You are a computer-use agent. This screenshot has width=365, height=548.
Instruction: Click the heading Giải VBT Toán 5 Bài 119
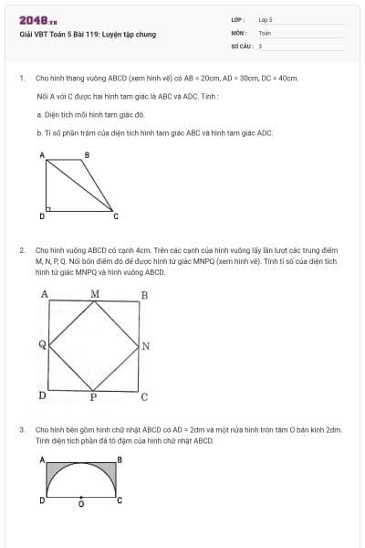88,35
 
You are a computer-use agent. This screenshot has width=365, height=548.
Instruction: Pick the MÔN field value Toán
265,32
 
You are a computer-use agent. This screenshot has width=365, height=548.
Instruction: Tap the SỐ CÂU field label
240,45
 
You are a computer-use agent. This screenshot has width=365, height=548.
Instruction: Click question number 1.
21,79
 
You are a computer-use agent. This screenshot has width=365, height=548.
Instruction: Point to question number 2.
21,248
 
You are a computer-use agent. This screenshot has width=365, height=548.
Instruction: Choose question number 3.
21,428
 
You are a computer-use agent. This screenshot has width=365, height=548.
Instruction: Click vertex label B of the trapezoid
87,155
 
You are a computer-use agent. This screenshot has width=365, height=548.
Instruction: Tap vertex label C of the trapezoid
115,216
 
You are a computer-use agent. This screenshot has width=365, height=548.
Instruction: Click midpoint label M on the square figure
95,294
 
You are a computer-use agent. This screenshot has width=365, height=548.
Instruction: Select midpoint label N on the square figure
146,346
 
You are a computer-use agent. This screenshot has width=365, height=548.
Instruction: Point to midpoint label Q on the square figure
42,345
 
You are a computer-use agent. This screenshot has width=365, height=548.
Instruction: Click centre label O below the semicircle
81,504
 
